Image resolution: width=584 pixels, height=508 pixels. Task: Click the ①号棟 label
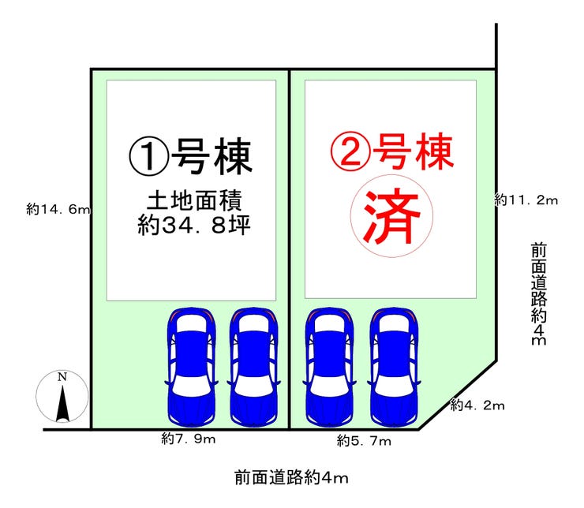(x=191, y=157)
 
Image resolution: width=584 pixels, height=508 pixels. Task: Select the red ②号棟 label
(x=392, y=152)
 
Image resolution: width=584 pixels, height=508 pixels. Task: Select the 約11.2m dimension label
(x=526, y=200)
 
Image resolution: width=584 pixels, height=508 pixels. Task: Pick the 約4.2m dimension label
(x=477, y=405)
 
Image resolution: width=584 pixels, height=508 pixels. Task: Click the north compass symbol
(x=62, y=396)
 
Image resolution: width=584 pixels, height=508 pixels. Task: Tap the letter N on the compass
(x=62, y=376)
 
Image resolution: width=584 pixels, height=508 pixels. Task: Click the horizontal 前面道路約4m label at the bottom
(x=291, y=477)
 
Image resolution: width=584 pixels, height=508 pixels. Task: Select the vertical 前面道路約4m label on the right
(x=538, y=294)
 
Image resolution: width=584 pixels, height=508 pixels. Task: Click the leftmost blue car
(x=191, y=364)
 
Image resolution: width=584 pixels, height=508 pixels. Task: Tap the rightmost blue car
(x=396, y=364)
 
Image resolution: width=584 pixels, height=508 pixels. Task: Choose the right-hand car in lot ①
(x=253, y=364)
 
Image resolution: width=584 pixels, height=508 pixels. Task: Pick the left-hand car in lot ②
(x=330, y=364)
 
